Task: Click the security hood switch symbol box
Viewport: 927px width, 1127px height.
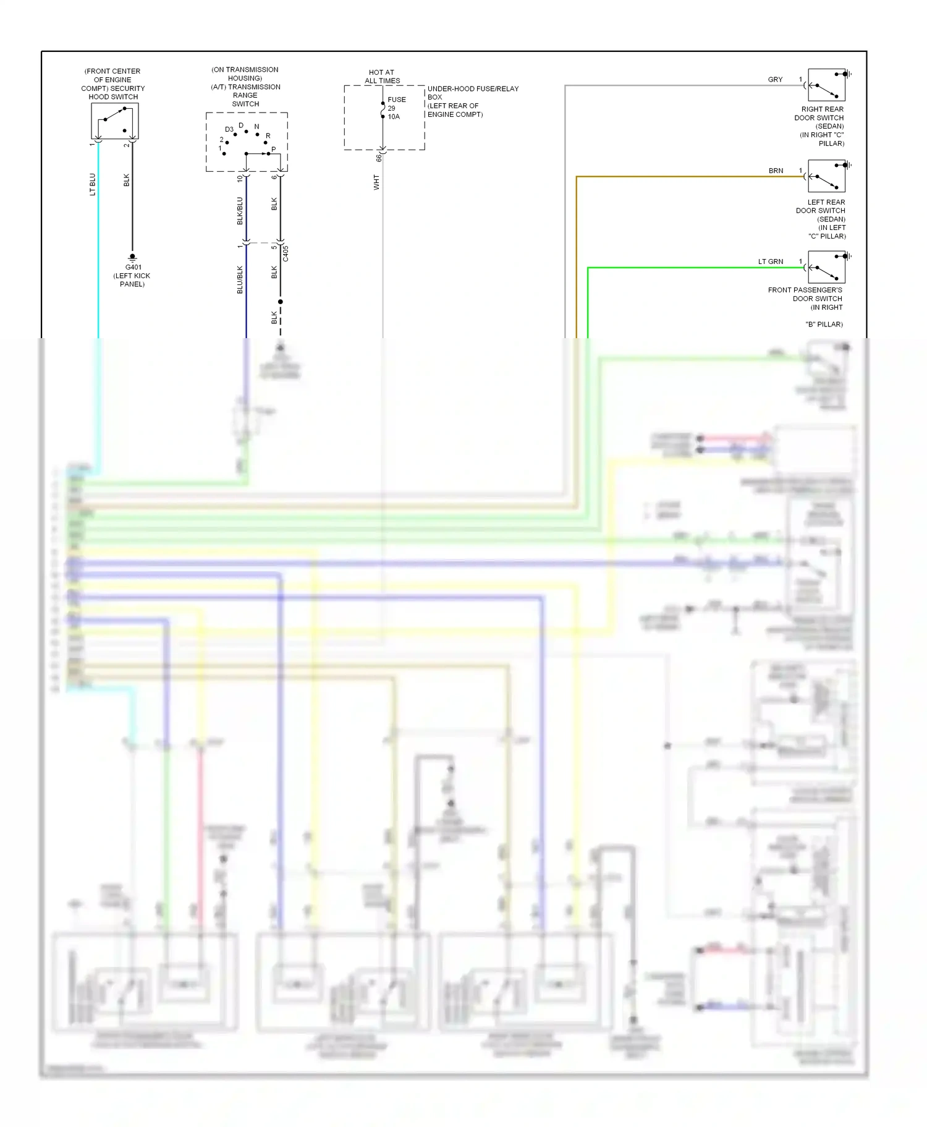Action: tap(114, 121)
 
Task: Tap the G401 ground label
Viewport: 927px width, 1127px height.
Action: tap(133, 267)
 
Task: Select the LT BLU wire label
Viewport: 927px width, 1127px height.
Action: tap(93, 184)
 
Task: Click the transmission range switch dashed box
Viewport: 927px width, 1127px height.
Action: tap(247, 142)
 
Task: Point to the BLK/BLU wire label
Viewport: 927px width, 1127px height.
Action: tap(240, 211)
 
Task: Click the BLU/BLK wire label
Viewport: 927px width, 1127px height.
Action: tap(240, 279)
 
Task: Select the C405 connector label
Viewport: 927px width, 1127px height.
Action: tap(286, 253)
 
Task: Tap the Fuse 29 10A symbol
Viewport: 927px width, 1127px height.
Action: tap(383, 109)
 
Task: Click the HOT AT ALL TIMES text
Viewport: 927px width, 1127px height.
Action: tap(382, 77)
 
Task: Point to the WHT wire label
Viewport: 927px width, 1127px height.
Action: tap(376, 182)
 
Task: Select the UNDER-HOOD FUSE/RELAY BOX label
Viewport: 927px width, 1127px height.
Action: tap(473, 93)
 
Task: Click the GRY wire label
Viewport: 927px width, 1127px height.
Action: tap(775, 80)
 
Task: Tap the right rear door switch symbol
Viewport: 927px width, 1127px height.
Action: tap(826, 85)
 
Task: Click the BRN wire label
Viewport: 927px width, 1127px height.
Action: tap(776, 171)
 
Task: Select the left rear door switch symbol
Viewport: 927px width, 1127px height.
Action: tap(826, 176)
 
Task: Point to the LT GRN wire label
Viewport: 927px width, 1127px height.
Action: tap(771, 262)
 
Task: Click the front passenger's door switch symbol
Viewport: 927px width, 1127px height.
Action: tap(826, 267)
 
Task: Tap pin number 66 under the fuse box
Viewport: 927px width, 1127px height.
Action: tap(379, 158)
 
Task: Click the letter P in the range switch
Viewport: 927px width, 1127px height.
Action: tap(274, 150)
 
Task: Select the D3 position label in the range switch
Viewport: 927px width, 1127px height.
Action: tap(229, 129)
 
